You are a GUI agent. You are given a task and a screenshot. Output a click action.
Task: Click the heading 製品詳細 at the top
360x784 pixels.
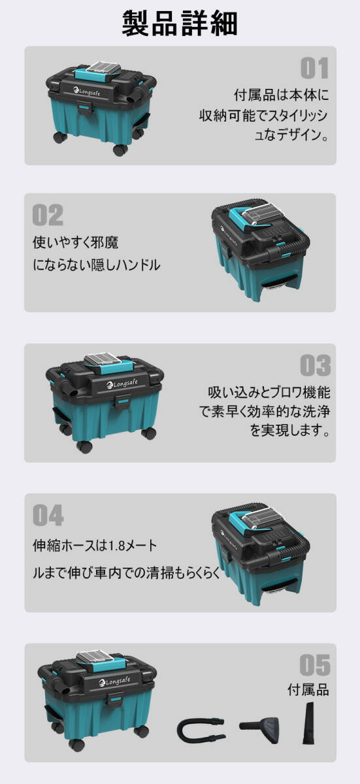point(180,23)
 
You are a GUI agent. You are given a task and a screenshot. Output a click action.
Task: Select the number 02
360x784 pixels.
point(48,215)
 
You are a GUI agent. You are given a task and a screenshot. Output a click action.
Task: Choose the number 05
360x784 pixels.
point(314,665)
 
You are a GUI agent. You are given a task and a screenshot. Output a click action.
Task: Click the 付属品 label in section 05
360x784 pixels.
point(308,690)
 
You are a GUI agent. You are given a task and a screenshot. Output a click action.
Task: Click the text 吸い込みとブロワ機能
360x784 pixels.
point(269,393)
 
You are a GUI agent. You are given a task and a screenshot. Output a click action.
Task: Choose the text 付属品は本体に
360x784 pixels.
point(282,95)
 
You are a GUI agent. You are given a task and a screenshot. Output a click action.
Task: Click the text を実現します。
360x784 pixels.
point(288,432)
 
